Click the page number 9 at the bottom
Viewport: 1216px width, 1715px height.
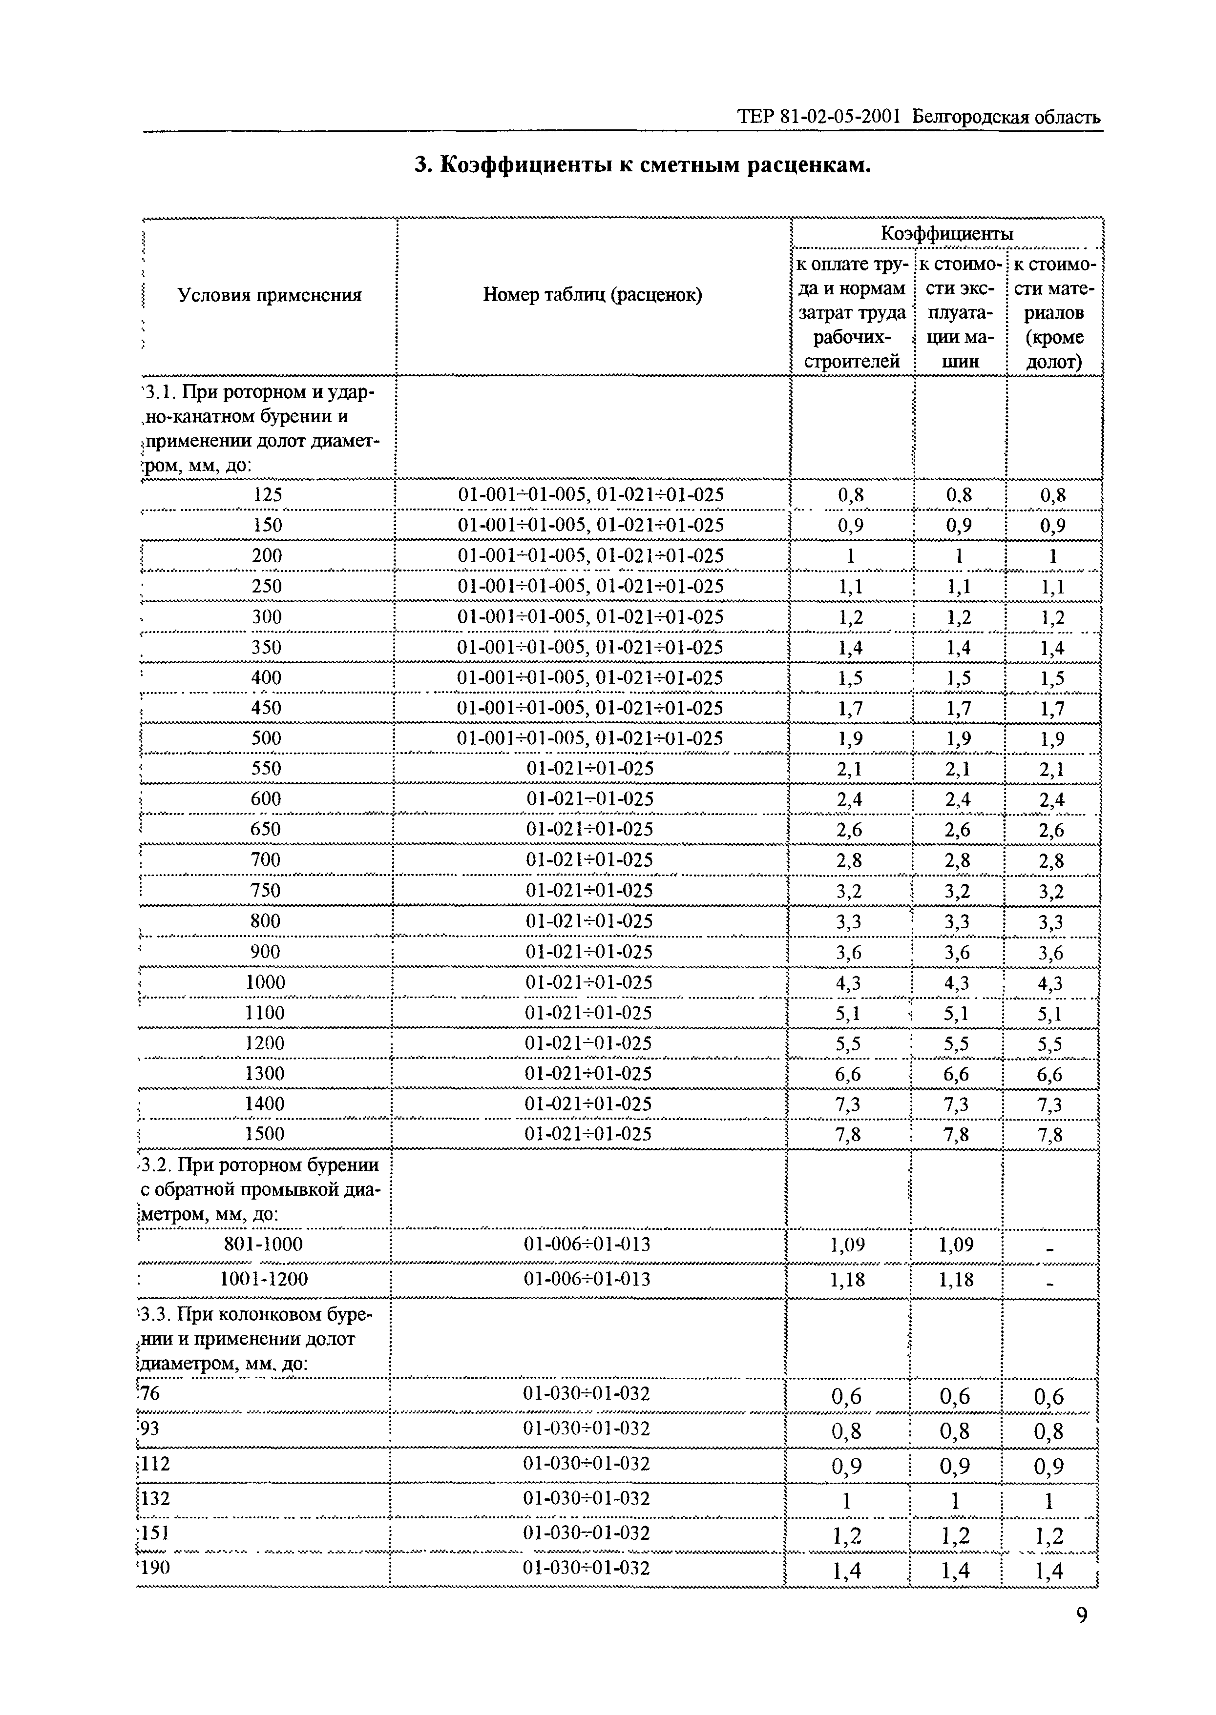(x=1081, y=1616)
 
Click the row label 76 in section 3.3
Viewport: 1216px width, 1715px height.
(x=150, y=1393)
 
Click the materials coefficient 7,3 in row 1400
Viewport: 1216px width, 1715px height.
(x=1050, y=1105)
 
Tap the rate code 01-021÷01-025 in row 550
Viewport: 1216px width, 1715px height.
(x=590, y=769)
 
